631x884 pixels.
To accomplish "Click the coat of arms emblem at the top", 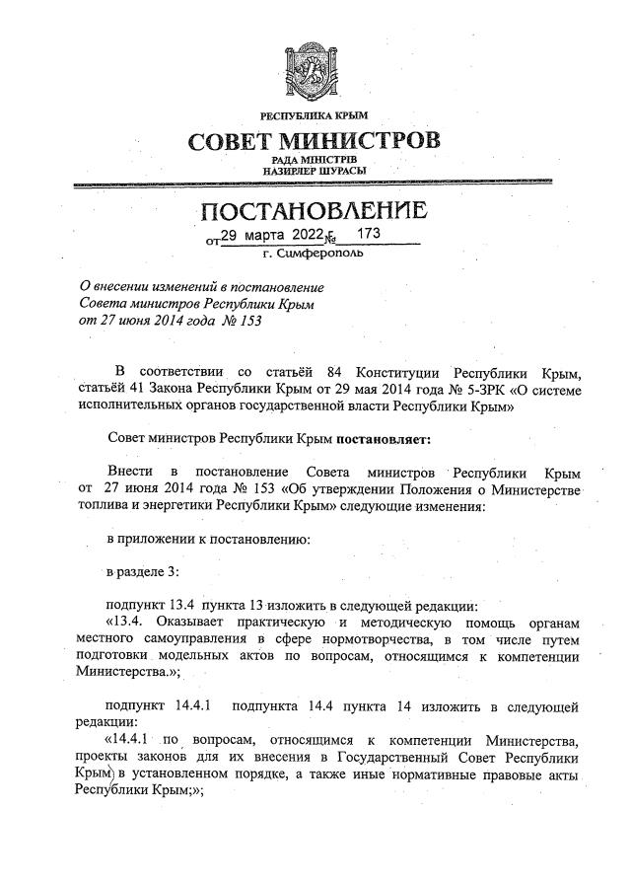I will click(x=315, y=67).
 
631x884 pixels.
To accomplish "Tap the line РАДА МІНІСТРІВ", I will click(x=315, y=159).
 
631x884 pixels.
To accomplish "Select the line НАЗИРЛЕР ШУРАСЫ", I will click(x=315, y=171).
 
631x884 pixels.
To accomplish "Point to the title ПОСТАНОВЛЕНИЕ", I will click(x=315, y=211).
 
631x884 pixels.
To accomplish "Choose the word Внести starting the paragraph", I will click(x=130, y=473).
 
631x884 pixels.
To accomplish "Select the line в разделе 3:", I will click(x=141, y=573).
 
